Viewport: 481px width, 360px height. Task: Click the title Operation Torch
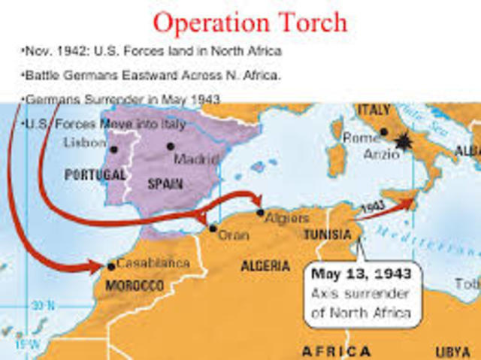click(x=250, y=22)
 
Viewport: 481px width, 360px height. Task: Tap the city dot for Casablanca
click(x=111, y=266)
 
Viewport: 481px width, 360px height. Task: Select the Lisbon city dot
click(x=114, y=149)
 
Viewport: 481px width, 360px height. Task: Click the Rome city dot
click(x=384, y=132)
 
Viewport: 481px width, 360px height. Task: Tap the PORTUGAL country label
click(x=95, y=174)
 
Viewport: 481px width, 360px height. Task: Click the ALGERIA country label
click(x=265, y=265)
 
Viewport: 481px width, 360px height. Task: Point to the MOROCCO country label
click(x=135, y=286)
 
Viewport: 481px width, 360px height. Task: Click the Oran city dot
click(x=213, y=228)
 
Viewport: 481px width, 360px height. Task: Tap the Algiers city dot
click(x=260, y=213)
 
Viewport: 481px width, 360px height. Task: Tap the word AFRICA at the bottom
click(x=336, y=351)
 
